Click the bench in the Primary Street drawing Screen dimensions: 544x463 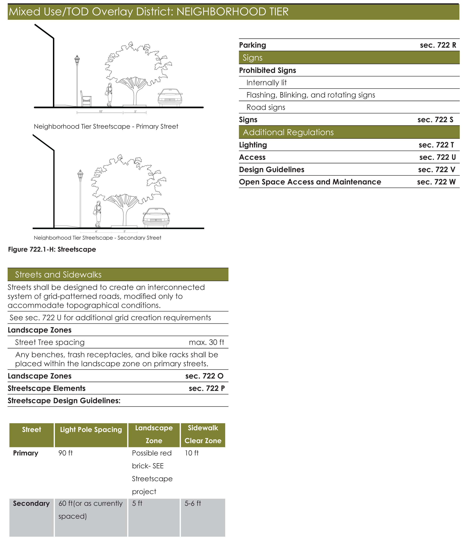pyautogui.click(x=86, y=99)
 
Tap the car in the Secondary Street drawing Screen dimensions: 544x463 pyautogui.click(x=156, y=217)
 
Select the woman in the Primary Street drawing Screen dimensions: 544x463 pyautogui.click(x=109, y=94)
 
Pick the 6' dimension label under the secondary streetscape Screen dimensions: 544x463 pyautogui.click(x=96, y=231)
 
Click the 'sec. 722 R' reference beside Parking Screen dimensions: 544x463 pyautogui.click(x=438, y=45)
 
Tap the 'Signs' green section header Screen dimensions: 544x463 pyautogui.click(x=252, y=58)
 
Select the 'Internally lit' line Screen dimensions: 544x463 pyautogui.click(x=266, y=83)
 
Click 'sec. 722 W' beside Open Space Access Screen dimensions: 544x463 pyautogui.click(x=436, y=182)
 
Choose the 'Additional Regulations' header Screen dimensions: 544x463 pyautogui.click(x=288, y=132)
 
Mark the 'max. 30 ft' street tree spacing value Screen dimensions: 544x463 pyautogui.click(x=206, y=342)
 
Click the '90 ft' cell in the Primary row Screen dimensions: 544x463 pyautogui.click(x=65, y=453)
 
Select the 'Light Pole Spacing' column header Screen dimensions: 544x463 pyautogui.click(x=91, y=430)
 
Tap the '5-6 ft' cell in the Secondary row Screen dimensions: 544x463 pyautogui.click(x=193, y=503)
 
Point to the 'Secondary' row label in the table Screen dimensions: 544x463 pyautogui.click(x=31, y=503)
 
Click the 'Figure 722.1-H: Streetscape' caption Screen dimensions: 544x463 pyautogui.click(x=52, y=249)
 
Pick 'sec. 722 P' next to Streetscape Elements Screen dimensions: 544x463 pyautogui.click(x=207, y=388)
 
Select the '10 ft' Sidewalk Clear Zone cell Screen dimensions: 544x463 pyautogui.click(x=192, y=453)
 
